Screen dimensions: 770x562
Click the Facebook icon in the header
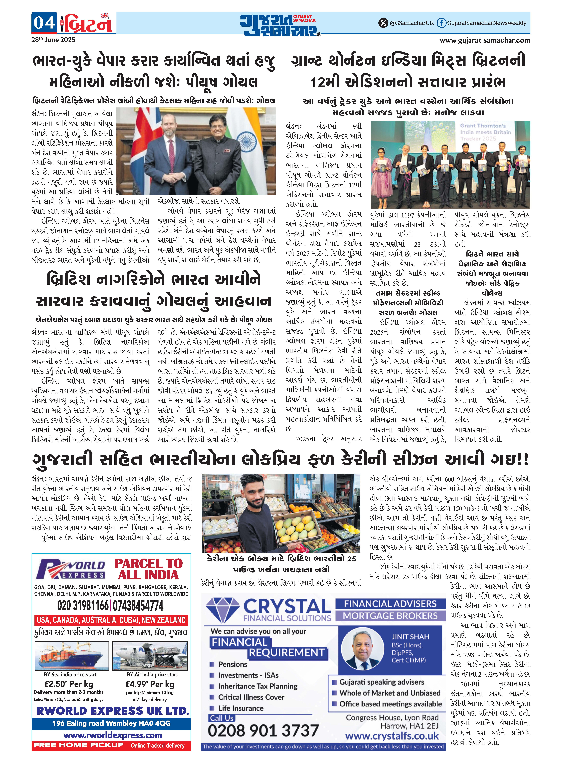[441, 23]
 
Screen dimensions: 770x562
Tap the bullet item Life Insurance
[240, 708]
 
